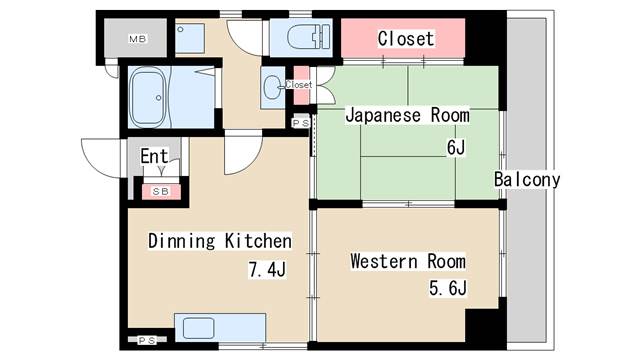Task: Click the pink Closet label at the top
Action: point(405,39)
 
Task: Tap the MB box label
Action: point(137,40)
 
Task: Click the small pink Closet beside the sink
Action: point(299,85)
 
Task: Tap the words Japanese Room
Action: point(407,115)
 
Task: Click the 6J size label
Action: point(456,148)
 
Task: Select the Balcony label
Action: point(527,180)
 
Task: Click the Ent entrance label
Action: point(153,156)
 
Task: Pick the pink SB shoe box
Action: point(158,190)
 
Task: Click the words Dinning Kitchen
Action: point(219,241)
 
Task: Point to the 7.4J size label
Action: point(267,269)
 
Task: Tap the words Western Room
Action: point(407,262)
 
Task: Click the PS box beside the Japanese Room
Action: point(300,123)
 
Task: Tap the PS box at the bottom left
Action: point(147,340)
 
